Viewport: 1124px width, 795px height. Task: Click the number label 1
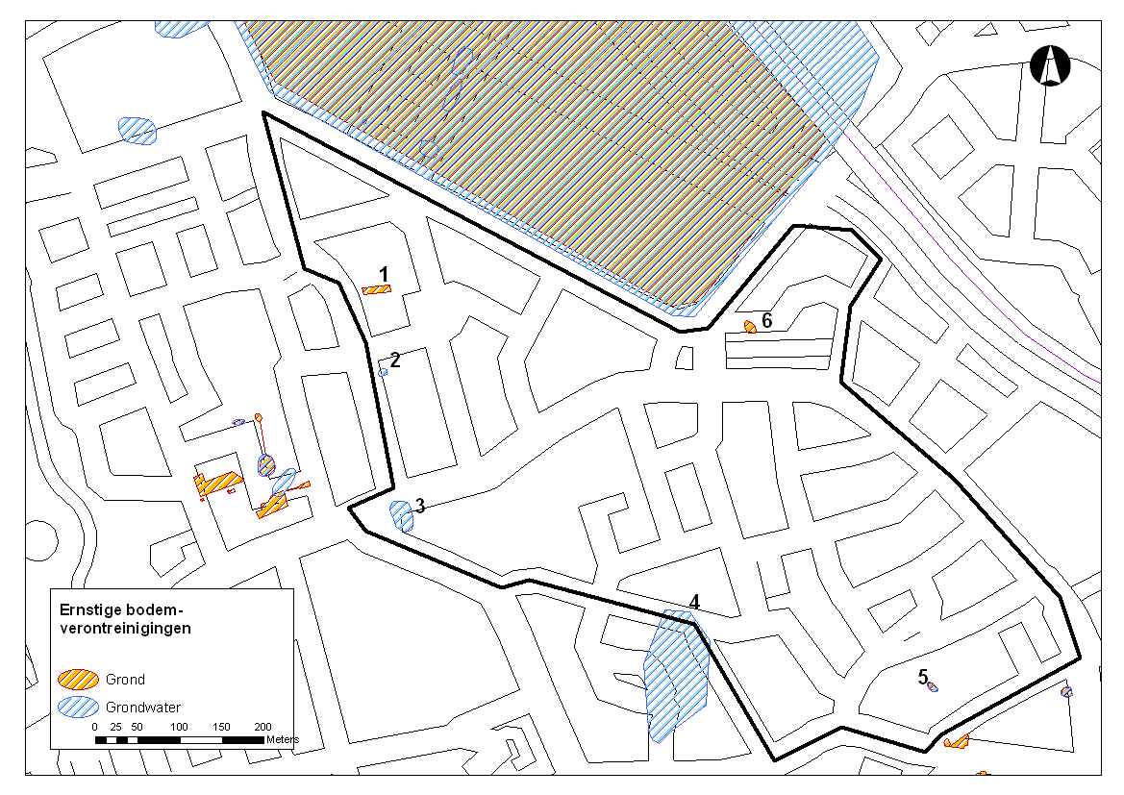(384, 275)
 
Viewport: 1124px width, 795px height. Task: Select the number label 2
(394, 360)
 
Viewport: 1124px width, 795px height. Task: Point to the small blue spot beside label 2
(383, 372)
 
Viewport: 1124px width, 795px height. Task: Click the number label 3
(420, 506)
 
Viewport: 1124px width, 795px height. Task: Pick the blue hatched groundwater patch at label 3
(402, 516)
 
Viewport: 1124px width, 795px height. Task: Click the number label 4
(693, 603)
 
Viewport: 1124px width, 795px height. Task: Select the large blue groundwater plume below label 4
(676, 678)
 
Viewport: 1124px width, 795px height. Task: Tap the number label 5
(922, 677)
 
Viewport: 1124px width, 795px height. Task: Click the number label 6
(767, 320)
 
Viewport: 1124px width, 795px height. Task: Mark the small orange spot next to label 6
(750, 327)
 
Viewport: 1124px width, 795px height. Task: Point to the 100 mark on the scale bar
(180, 727)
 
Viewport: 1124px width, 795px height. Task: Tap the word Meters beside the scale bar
(283, 739)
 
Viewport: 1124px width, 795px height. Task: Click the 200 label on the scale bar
(262, 727)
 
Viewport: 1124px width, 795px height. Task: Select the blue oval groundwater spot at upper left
(137, 130)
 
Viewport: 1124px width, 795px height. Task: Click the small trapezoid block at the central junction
(685, 358)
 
